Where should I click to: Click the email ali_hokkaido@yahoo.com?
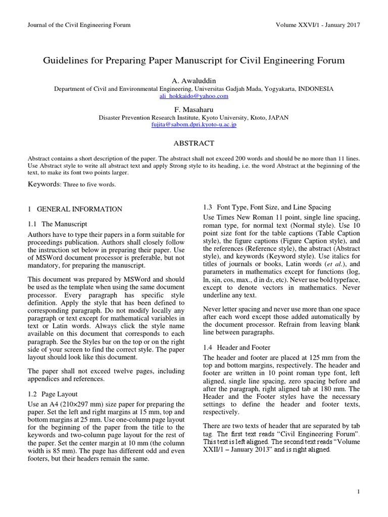194,95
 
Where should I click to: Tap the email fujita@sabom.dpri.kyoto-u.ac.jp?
194,124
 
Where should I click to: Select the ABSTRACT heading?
194,143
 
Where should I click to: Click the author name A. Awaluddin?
194,80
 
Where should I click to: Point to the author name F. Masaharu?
194,109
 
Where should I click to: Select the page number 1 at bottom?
358,491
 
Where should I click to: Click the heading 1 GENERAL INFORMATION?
75,209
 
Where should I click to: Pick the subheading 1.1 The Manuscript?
57,223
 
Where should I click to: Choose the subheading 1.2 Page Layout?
53,393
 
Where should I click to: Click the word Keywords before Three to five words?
44,184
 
